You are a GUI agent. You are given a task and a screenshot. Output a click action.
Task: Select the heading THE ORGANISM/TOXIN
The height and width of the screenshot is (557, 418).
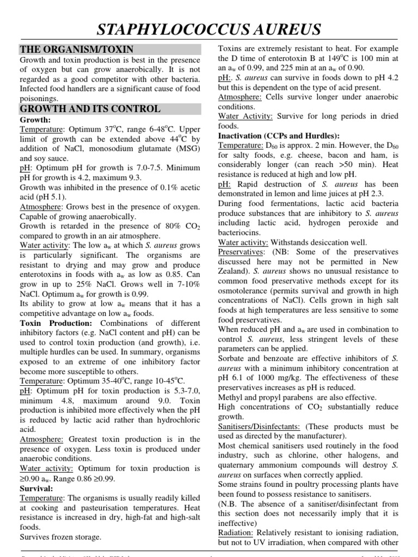(77, 49)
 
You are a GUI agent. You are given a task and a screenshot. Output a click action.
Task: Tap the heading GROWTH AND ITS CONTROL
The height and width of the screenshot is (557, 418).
(90, 108)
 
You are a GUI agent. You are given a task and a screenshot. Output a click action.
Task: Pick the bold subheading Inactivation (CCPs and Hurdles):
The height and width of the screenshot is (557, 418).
(279, 135)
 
